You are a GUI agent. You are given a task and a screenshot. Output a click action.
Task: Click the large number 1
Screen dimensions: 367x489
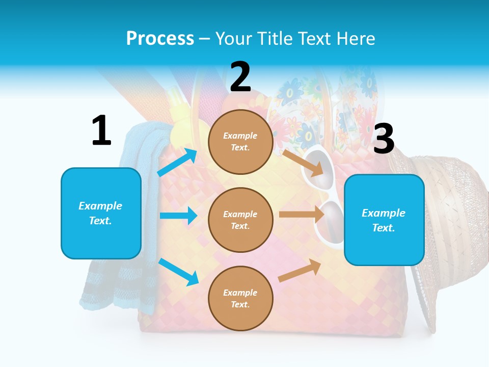(101, 131)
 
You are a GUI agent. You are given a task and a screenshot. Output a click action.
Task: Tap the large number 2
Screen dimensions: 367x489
(240, 77)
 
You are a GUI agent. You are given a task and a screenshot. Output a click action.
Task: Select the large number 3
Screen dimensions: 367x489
(384, 139)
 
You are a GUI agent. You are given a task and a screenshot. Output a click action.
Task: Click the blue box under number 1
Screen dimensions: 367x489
(101, 213)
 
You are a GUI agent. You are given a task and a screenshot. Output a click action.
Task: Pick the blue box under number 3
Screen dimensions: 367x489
(384, 220)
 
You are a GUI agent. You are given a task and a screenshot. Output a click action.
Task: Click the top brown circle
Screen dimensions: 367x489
(240, 142)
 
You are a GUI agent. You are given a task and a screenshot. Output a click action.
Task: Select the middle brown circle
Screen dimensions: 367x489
(240, 220)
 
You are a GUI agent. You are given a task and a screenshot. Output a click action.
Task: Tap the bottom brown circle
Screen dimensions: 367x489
(240, 298)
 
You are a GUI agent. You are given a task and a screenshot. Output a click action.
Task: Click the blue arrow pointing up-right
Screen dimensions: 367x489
(177, 162)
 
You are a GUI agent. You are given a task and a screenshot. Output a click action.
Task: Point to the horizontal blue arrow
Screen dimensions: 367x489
(178, 216)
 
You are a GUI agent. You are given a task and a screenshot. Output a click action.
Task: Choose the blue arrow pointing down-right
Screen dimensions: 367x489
(178, 271)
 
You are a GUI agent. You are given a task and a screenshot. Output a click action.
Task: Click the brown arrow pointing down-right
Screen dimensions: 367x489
(304, 163)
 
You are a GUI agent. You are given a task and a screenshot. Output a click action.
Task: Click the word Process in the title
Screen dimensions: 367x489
(160, 39)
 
